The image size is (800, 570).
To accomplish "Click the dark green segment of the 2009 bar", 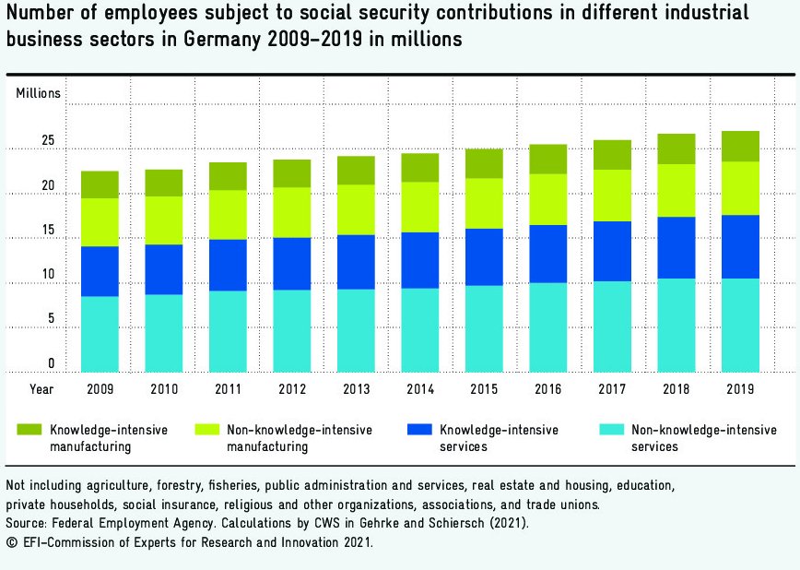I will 100,184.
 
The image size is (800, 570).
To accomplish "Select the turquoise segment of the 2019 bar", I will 740,325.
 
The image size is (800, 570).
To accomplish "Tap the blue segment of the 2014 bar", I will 419,260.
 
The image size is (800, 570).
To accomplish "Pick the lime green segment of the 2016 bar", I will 547,199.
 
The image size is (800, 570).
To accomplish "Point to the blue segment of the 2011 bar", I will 227,265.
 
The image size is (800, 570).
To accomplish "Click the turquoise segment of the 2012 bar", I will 291,331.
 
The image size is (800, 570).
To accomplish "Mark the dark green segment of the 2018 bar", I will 676,148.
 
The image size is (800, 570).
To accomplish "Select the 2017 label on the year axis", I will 612,389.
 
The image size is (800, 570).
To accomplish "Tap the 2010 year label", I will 163,389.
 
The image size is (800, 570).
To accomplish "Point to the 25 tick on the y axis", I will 48,141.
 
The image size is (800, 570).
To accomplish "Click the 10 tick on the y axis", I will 48,275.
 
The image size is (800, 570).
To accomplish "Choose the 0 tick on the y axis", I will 52,363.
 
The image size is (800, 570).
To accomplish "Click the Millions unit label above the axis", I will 39,93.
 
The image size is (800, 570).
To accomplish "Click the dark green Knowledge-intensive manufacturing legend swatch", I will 29,430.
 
